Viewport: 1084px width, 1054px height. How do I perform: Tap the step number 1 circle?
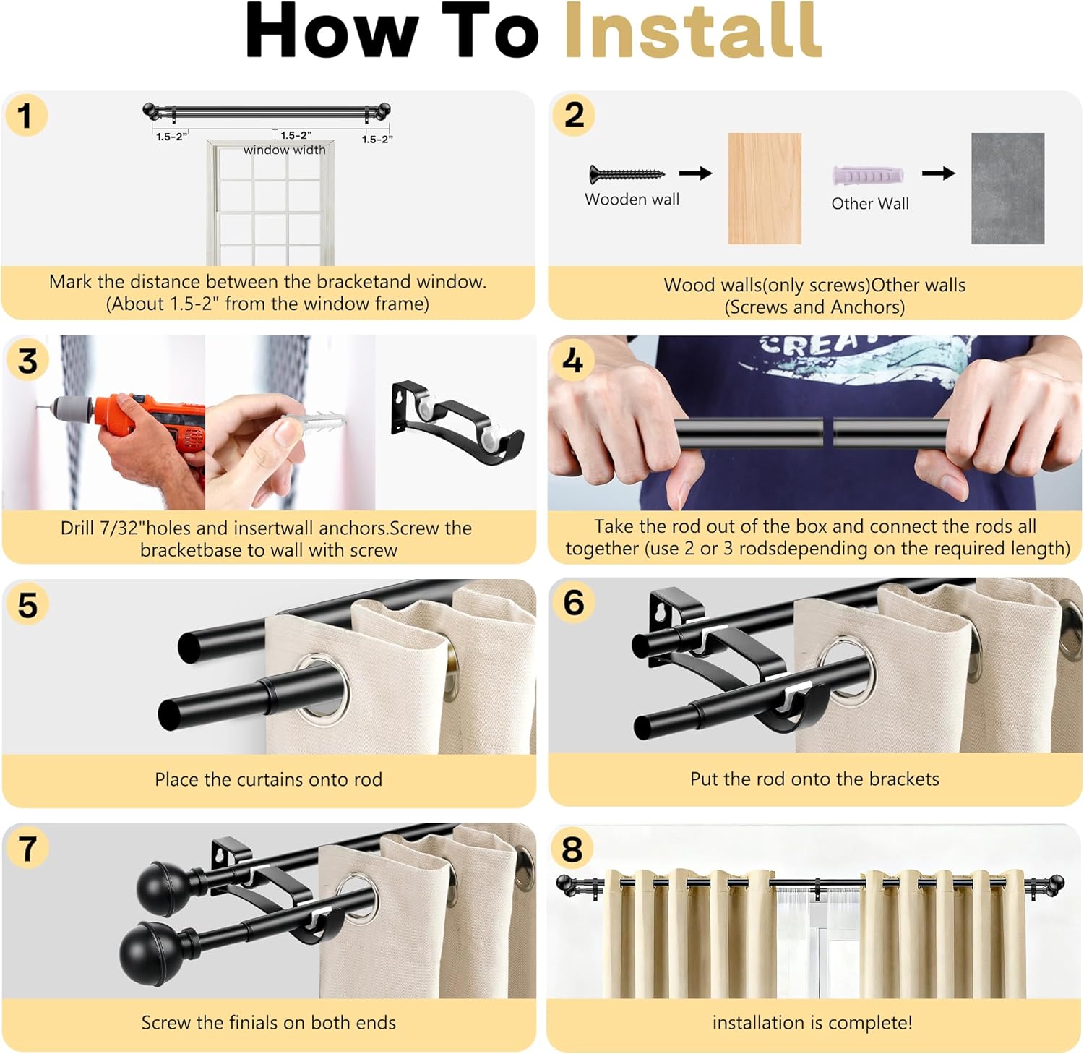click(x=26, y=116)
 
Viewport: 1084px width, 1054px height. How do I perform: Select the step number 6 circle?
click(x=573, y=602)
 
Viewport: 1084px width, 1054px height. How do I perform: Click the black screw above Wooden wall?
click(x=626, y=174)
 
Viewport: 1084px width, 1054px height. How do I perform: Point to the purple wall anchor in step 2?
click(x=867, y=176)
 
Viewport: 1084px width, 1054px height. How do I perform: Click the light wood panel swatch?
click(x=765, y=188)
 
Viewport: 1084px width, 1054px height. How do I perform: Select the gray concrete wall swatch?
click(x=1007, y=188)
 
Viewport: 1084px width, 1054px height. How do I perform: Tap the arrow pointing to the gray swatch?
click(x=938, y=173)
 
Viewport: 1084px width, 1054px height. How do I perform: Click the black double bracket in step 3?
click(x=455, y=423)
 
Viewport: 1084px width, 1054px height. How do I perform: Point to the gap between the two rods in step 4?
click(x=828, y=433)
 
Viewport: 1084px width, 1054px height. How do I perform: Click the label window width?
click(x=284, y=150)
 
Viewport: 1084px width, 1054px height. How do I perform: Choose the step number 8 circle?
click(x=572, y=848)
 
